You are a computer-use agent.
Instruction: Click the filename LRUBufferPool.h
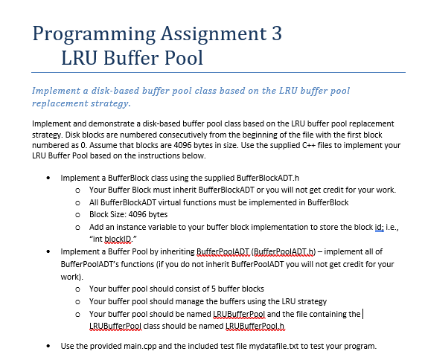(251, 326)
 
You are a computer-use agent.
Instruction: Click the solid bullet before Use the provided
(49, 346)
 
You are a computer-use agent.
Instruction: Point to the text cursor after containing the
(362, 313)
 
